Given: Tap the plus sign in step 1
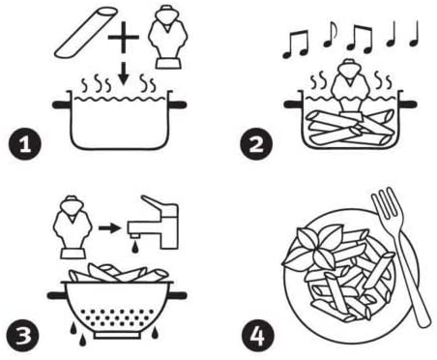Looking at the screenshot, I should (x=122, y=40).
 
